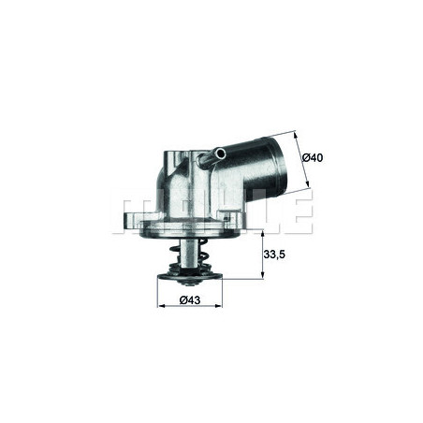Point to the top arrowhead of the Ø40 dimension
tap(298, 132)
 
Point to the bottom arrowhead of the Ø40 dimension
tap(308, 190)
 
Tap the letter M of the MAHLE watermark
tap(133, 213)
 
